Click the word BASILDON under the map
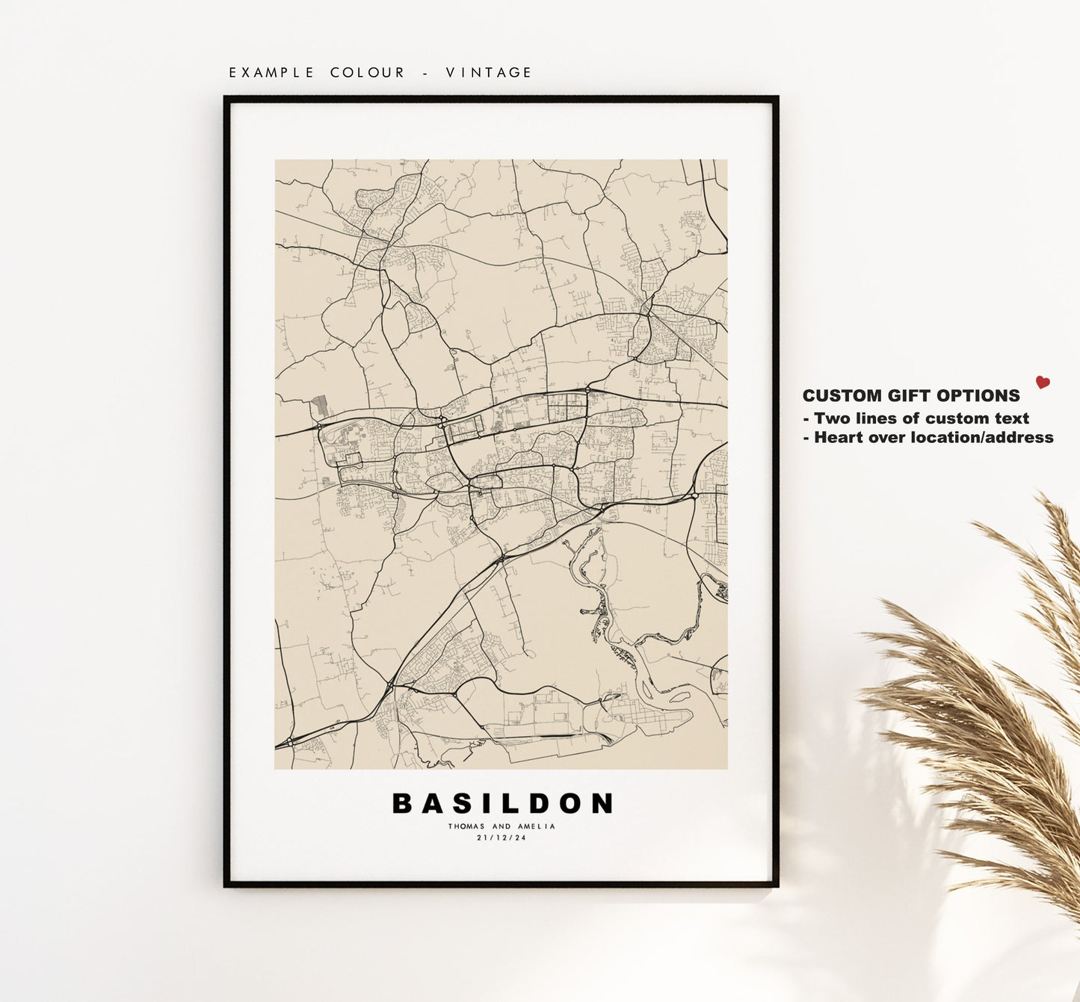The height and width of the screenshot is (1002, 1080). click(502, 803)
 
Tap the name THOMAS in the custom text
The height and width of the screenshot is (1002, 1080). click(466, 826)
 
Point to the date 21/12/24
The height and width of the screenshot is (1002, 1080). click(502, 838)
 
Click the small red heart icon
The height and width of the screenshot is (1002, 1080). click(1043, 383)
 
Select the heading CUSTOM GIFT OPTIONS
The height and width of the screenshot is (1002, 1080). click(911, 396)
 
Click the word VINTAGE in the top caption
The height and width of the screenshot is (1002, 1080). click(489, 72)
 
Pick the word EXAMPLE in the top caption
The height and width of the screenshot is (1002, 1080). click(271, 72)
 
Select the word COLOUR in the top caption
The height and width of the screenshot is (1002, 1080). click(367, 72)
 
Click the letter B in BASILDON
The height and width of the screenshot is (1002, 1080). click(402, 803)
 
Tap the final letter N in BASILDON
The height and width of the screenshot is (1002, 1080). click(602, 803)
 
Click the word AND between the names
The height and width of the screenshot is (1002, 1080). click(502, 826)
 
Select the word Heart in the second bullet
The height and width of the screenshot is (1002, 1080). click(839, 438)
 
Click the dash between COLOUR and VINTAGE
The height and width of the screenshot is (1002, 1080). click(425, 72)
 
